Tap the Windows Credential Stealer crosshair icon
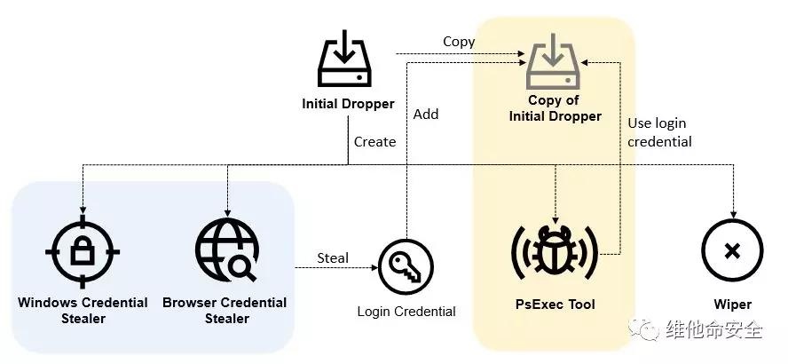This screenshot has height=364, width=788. click(83, 251)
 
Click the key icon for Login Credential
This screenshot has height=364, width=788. click(406, 266)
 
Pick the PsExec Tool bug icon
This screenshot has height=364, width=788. click(555, 251)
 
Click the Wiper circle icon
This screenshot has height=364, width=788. click(732, 251)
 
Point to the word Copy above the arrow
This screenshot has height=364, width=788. click(459, 42)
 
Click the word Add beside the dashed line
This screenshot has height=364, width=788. click(426, 114)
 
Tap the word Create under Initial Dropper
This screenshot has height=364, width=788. click(374, 141)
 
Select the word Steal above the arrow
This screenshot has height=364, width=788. click(333, 257)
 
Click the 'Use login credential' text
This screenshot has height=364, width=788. click(659, 132)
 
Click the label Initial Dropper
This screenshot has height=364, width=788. click(348, 104)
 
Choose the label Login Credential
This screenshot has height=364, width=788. click(406, 311)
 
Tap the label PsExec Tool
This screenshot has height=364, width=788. click(555, 305)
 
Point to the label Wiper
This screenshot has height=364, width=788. click(732, 305)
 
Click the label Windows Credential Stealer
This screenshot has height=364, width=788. click(83, 310)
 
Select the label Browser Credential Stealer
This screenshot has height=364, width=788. click(225, 310)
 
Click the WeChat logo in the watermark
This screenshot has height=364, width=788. click(648, 329)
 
